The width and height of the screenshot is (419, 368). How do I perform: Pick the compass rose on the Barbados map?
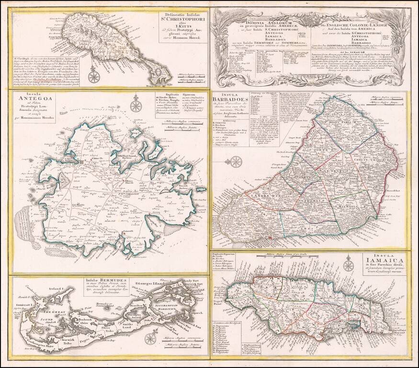click(x=236, y=162)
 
